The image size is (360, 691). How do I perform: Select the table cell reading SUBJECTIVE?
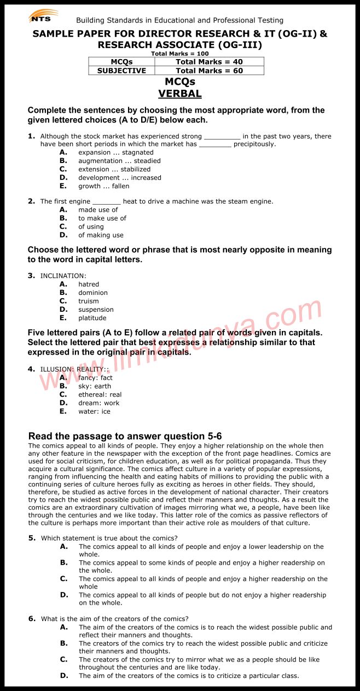121,71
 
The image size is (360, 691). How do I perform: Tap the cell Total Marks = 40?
209,62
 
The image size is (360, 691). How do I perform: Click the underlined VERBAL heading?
180,94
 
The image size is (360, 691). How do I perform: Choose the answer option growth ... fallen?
103,186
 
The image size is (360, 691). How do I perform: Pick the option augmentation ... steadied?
119,161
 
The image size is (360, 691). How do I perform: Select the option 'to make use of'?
102,218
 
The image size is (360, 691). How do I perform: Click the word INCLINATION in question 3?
63,276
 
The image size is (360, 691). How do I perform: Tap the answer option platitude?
92,318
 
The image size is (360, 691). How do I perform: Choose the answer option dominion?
92,293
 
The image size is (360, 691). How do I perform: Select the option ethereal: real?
100,394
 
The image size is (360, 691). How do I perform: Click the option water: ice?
94,411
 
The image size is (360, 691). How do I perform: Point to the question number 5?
32,538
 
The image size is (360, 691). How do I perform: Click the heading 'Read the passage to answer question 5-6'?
125,436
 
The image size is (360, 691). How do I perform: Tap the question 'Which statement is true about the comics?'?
109,538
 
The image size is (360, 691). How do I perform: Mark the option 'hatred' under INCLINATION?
89,284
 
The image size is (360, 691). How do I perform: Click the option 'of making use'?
101,235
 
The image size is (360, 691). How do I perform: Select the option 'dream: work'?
98,403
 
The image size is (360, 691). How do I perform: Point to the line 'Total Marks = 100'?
180,54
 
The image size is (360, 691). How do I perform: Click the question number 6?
32,619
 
